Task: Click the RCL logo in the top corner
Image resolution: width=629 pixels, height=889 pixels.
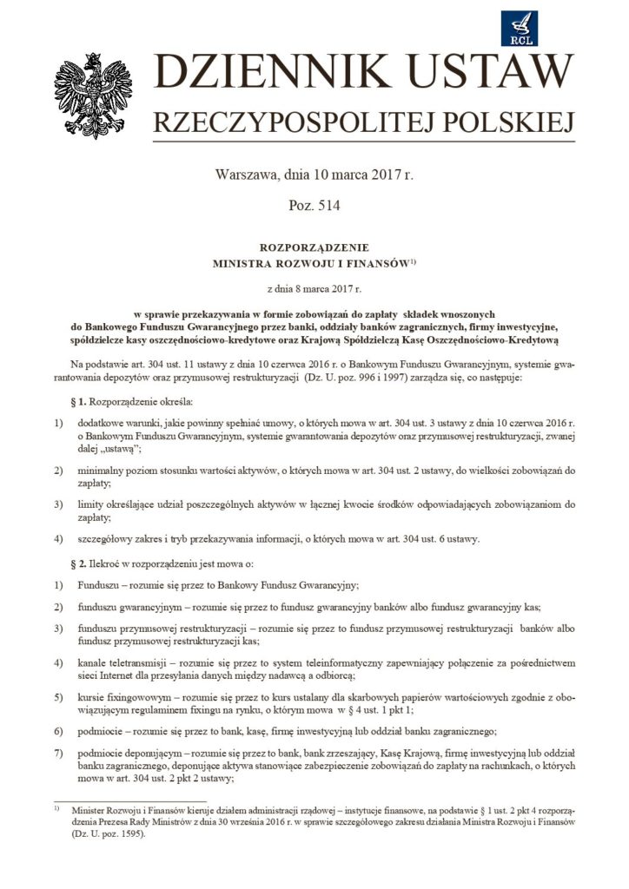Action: [520, 29]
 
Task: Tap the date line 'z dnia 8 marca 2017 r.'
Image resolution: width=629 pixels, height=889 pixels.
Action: [314, 285]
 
